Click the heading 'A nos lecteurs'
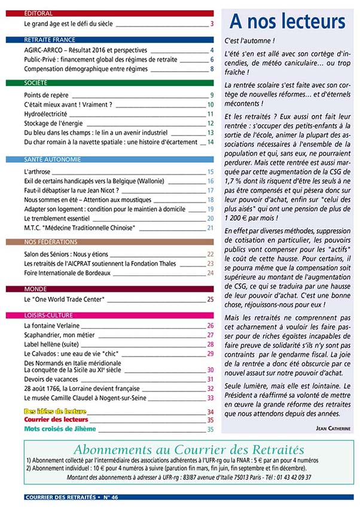(x=288, y=22)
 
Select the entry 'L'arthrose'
(x=38, y=172)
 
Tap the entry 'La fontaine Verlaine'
(x=54, y=326)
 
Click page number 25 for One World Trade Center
(x=210, y=299)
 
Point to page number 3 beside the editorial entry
(x=212, y=25)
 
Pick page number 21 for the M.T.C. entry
(x=210, y=228)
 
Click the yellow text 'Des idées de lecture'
(x=55, y=411)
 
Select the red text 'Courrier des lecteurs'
(x=56, y=420)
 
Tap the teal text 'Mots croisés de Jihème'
(x=60, y=429)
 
